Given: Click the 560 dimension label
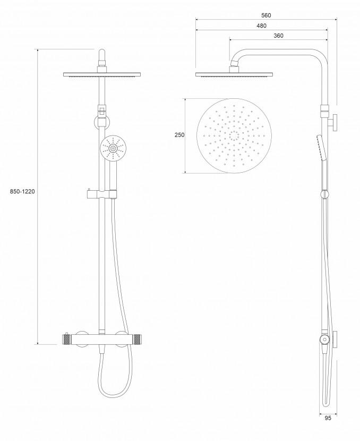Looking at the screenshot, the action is click(x=266, y=15).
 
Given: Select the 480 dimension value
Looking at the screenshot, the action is click(x=261, y=26).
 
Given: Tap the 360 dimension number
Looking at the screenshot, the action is click(x=278, y=36).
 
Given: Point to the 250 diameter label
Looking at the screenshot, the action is click(x=179, y=135).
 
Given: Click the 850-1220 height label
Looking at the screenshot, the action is click(x=22, y=191).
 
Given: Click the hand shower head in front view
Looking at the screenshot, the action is click(x=113, y=148).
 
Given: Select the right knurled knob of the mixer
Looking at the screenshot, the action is click(x=139, y=339).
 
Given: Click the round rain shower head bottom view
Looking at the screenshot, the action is click(x=234, y=135).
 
